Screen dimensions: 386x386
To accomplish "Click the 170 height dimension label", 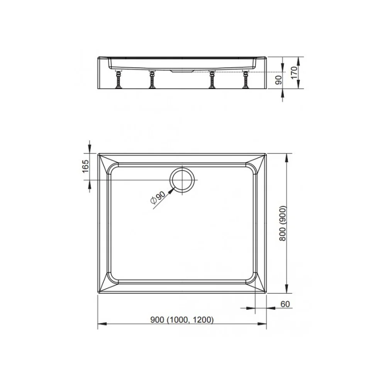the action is [295, 73].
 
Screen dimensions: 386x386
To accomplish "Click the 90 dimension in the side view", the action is [278, 80].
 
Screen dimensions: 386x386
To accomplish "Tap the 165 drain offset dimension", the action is [85, 166].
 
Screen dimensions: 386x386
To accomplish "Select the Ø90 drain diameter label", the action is [157, 198].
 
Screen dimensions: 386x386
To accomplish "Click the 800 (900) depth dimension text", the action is [283, 223].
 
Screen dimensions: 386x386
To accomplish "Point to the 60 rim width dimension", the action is [285, 304].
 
